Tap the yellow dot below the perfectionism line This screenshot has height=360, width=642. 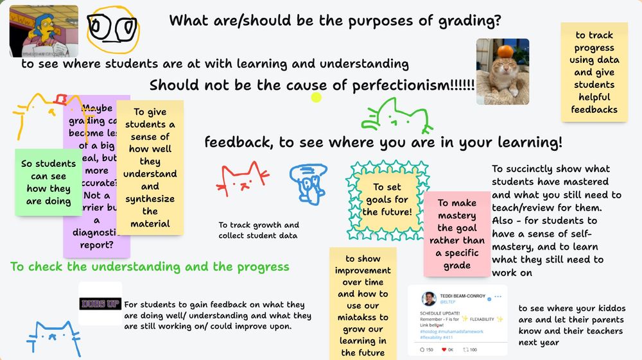click(x=316, y=98)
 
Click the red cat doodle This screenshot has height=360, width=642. click(x=243, y=178)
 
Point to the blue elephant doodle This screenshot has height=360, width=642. click(x=308, y=182)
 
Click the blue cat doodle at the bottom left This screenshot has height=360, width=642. click(x=53, y=337)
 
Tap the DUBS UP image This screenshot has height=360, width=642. click(x=100, y=304)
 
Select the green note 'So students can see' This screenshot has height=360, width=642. click(x=48, y=182)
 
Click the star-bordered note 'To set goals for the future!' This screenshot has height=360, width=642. click(x=387, y=199)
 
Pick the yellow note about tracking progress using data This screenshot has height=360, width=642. click(x=594, y=72)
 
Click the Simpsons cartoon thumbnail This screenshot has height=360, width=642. click(x=44, y=31)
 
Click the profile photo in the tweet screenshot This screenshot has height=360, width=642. click(x=429, y=298)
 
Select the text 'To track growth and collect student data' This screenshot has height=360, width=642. click(x=259, y=230)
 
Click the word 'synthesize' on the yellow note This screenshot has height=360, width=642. click(x=150, y=199)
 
